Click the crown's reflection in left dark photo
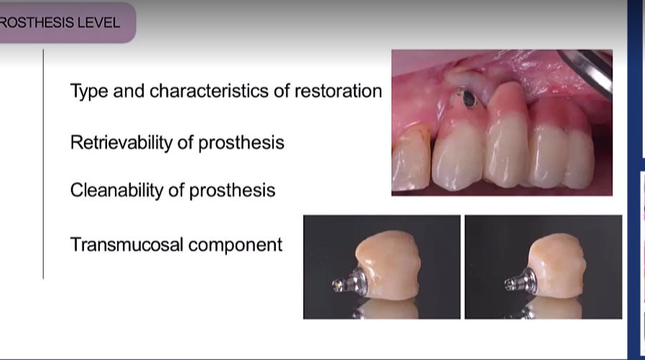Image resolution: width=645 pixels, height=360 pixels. (x=391, y=309)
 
